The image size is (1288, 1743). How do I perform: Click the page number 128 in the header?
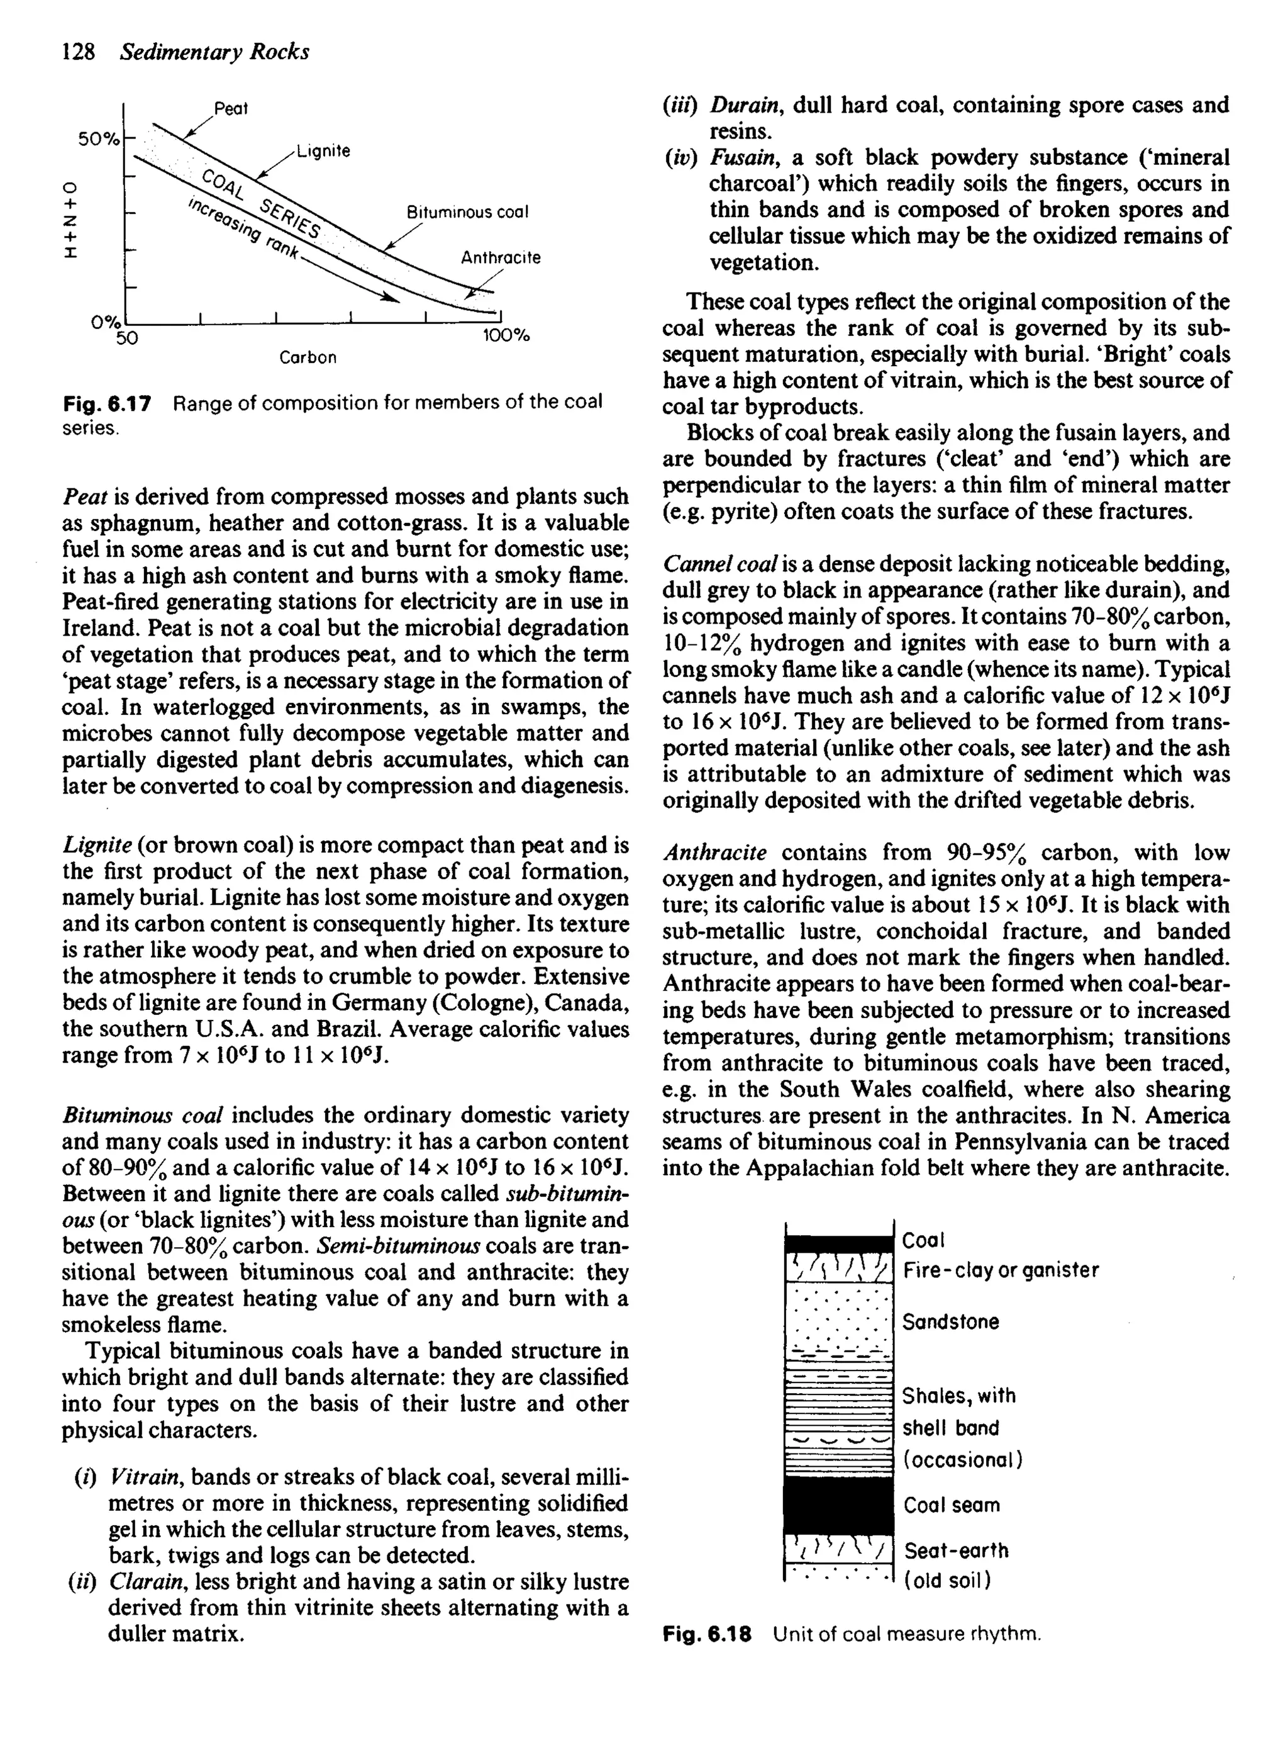pyautogui.click(x=78, y=52)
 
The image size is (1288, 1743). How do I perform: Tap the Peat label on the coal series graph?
pyautogui.click(x=231, y=109)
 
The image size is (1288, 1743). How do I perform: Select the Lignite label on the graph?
pyautogui.click(x=323, y=151)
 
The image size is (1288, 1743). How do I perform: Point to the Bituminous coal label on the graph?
pyautogui.click(x=468, y=212)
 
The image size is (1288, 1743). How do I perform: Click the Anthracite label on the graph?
pyautogui.click(x=501, y=257)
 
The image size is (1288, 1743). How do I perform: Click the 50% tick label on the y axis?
pyautogui.click(x=98, y=140)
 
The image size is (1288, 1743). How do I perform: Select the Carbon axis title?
pyautogui.click(x=308, y=358)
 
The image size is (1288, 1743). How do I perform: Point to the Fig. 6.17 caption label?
pyautogui.click(x=106, y=403)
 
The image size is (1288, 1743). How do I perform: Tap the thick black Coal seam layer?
pyautogui.click(x=838, y=1505)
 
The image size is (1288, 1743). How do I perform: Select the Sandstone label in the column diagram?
pyautogui.click(x=950, y=1322)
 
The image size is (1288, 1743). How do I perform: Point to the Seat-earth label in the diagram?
pyautogui.click(x=956, y=1550)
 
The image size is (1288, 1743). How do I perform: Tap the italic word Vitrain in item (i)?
pyautogui.click(x=147, y=1477)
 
